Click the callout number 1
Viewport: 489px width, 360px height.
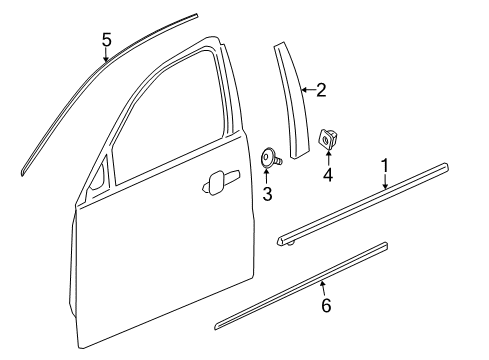(x=383, y=163)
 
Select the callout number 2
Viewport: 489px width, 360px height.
(x=321, y=91)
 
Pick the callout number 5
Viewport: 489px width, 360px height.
(x=106, y=40)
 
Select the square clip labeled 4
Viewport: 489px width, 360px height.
(x=326, y=138)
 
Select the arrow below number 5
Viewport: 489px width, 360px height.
(x=106, y=57)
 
